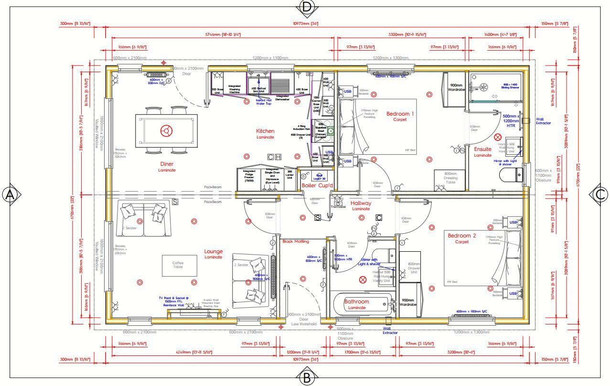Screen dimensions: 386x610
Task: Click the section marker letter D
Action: (x=306, y=7)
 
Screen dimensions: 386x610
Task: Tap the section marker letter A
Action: (x=11, y=194)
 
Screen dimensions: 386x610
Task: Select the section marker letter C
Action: (x=600, y=194)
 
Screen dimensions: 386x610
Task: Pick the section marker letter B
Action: (x=306, y=378)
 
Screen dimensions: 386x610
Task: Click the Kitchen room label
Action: (x=265, y=131)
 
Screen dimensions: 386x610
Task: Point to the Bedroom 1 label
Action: (x=400, y=114)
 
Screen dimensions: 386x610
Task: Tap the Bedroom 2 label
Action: (x=461, y=236)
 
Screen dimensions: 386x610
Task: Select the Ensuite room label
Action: (x=482, y=150)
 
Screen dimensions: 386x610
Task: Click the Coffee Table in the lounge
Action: (x=178, y=265)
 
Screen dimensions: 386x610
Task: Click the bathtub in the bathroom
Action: (x=361, y=304)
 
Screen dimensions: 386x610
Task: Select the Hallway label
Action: (x=361, y=203)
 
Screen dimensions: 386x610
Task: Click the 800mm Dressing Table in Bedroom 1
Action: (x=450, y=180)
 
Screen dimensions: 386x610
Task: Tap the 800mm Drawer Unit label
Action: (x=413, y=268)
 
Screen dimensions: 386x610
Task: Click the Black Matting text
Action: (x=295, y=241)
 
